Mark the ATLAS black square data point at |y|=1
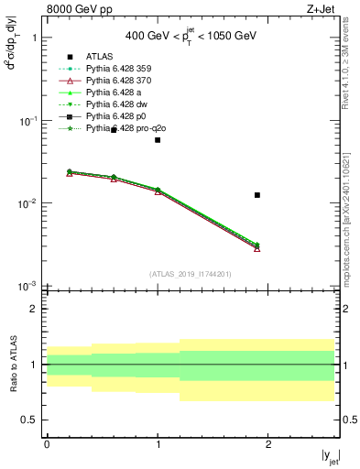[x=158, y=140]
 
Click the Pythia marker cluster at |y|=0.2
[x=69, y=172]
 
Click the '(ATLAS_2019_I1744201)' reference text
[x=191, y=273]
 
